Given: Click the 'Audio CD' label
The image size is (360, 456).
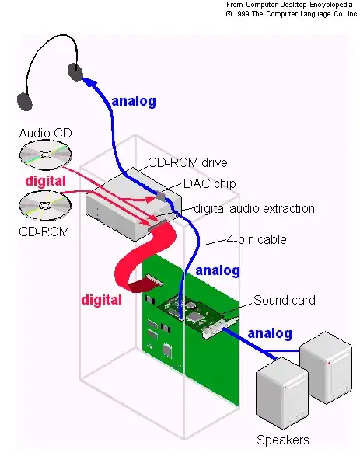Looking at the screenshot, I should coord(45,134).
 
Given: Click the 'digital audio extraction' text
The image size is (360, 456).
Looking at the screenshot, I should coord(253,208).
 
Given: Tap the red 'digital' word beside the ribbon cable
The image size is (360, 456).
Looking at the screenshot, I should coord(102,298).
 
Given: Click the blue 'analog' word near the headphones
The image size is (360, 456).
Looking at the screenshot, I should coord(134,101).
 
